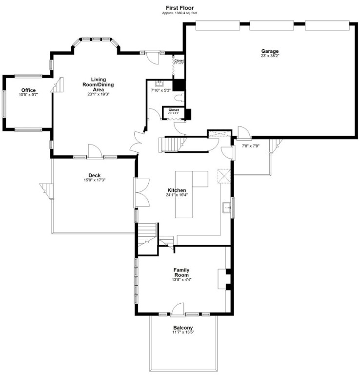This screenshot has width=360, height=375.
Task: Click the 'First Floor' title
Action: tap(180, 8)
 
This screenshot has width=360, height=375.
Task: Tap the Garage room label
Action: tap(269, 51)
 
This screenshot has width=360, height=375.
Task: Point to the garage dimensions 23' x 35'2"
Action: tap(269, 56)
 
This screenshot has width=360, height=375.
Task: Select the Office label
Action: tap(28, 90)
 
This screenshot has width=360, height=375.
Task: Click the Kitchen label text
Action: tap(177, 190)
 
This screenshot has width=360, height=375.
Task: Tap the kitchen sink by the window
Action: tap(227, 208)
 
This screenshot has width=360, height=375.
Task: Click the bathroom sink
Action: tap(158, 83)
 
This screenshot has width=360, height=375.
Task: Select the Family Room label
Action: tap(181, 272)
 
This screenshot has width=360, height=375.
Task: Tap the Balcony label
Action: tap(182, 328)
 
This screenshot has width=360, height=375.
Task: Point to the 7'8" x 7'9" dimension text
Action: tap(250, 146)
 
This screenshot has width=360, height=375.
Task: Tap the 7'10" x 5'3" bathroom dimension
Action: tap(160, 90)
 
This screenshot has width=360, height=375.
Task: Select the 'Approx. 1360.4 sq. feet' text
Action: tap(180, 13)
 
